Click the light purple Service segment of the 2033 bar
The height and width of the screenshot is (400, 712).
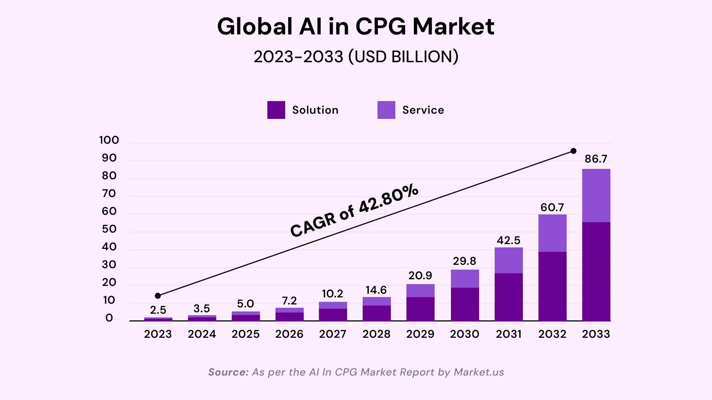[596, 196]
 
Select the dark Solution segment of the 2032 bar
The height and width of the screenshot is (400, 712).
[552, 286]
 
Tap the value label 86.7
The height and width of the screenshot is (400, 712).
[596, 159]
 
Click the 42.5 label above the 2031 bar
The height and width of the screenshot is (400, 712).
[508, 240]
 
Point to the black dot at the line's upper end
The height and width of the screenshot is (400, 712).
[573, 151]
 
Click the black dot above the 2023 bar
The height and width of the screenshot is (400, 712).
[158, 296]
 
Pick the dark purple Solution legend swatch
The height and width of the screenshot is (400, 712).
[276, 110]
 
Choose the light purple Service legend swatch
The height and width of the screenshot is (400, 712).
[386, 110]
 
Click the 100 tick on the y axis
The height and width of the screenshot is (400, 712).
[109, 140]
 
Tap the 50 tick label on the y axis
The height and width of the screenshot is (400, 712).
[109, 229]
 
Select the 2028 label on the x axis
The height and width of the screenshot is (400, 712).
[376, 334]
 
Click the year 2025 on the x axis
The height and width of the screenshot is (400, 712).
[245, 334]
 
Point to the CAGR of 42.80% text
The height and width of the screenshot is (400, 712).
[354, 211]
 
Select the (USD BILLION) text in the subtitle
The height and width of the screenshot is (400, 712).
[403, 57]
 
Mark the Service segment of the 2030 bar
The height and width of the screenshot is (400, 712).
[465, 279]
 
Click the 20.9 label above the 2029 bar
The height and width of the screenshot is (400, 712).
[420, 276]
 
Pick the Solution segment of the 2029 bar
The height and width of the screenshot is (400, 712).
[420, 309]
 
